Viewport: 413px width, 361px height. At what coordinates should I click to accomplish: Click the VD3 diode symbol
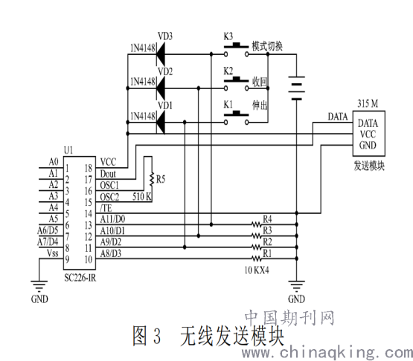161,54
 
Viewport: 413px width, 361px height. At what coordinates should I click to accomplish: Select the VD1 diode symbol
161,123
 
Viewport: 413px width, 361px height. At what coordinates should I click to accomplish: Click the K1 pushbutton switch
236,117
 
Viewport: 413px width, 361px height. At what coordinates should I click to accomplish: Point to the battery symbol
297,88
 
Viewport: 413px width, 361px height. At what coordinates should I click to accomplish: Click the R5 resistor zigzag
152,179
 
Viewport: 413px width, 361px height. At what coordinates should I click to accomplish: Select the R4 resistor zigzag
257,224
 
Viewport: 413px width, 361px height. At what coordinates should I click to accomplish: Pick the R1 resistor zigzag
257,258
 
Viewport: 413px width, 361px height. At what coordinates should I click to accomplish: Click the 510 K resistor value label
141,196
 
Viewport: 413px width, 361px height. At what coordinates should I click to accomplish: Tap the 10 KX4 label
257,270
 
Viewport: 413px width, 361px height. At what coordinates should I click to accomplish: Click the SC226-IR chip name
80,278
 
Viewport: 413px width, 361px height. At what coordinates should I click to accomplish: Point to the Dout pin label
108,174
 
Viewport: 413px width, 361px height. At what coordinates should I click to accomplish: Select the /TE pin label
106,208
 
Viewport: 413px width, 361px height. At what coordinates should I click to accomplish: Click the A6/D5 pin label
48,230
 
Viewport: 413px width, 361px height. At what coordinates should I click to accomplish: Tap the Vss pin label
52,253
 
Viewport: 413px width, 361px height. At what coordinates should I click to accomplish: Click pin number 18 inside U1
89,168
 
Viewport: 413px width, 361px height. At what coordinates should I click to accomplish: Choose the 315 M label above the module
368,103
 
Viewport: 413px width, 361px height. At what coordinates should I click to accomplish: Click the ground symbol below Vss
39,286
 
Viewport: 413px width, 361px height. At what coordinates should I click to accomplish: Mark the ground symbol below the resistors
297,286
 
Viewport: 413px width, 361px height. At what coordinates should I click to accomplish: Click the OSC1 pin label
109,186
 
